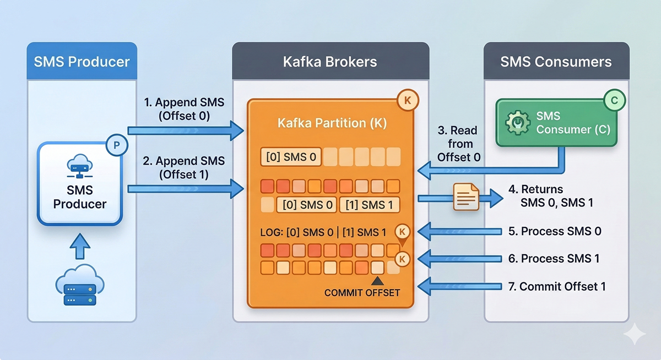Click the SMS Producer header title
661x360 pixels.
click(82, 61)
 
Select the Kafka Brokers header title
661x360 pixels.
click(330, 61)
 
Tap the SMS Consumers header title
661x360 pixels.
click(556, 61)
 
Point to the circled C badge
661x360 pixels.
click(614, 100)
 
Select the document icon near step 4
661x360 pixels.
click(466, 198)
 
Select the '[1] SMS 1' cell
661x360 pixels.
click(370, 205)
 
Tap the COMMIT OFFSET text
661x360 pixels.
click(362, 292)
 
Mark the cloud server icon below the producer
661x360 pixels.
click(80, 287)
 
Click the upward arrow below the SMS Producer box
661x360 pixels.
click(80, 246)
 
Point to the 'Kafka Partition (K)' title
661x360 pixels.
click(332, 123)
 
